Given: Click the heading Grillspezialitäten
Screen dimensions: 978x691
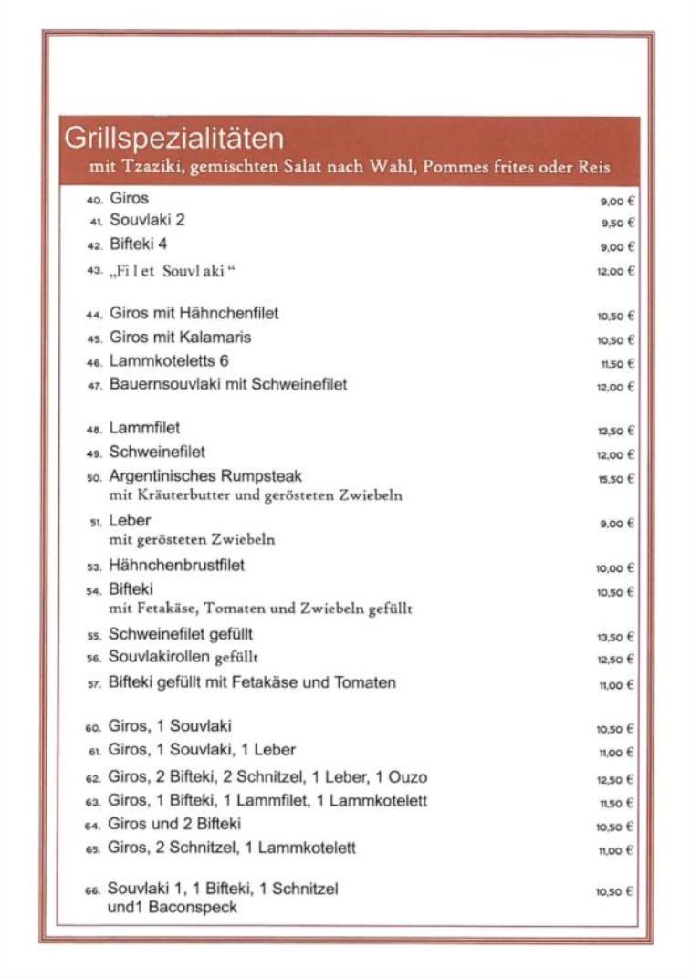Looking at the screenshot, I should pyautogui.click(x=173, y=139).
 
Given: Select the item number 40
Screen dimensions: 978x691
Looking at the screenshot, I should pyautogui.click(x=95, y=200).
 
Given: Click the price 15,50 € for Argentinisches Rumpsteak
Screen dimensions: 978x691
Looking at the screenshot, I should pyautogui.click(x=615, y=479).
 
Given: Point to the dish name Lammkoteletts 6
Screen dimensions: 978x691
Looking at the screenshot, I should pyautogui.click(x=169, y=361).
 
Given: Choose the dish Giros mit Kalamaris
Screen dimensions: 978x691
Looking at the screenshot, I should pyautogui.click(x=180, y=338).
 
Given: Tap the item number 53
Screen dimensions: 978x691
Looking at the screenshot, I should pyautogui.click(x=94, y=567).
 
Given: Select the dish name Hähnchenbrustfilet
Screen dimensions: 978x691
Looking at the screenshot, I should pyautogui.click(x=177, y=566).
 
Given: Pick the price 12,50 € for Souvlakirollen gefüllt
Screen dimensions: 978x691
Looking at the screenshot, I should pyautogui.click(x=615, y=660).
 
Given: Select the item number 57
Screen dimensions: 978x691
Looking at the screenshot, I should pyautogui.click(x=94, y=684).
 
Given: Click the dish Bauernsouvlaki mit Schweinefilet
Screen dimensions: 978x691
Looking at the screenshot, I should pyautogui.click(x=228, y=385).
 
